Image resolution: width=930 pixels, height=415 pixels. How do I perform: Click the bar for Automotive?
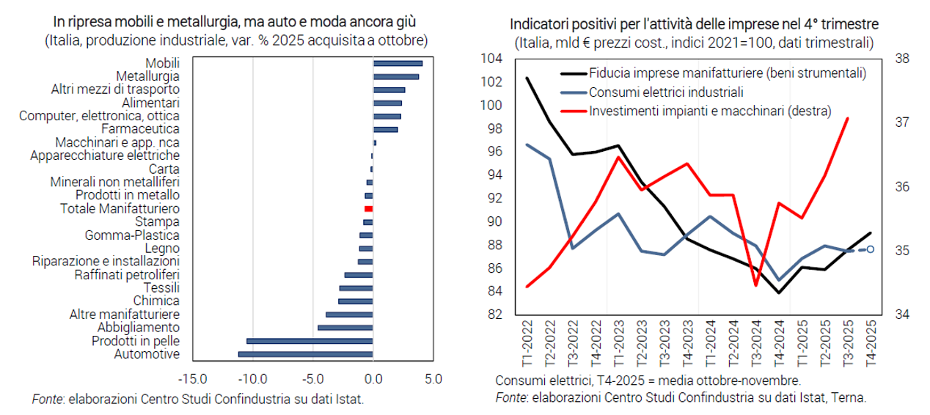[305, 355]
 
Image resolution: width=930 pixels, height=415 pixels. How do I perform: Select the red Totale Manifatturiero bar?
[369, 209]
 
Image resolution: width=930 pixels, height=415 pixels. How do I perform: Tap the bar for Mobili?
[398, 64]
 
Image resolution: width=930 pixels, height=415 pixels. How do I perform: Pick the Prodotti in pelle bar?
[310, 341]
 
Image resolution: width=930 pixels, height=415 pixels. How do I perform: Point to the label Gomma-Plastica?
[132, 235]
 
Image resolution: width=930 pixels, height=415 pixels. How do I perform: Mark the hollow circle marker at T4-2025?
[871, 249]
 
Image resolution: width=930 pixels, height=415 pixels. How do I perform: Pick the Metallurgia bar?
[396, 77]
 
